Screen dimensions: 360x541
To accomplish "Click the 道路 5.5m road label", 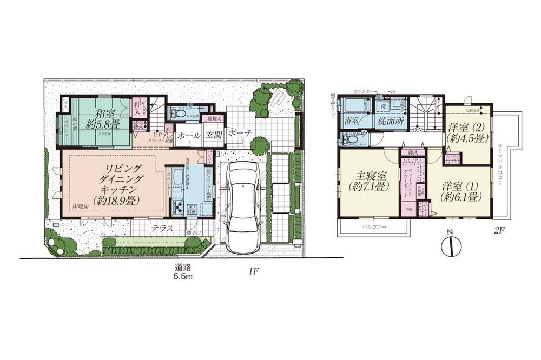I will (x=182, y=272).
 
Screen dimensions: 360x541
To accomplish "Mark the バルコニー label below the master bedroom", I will (x=373, y=228).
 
